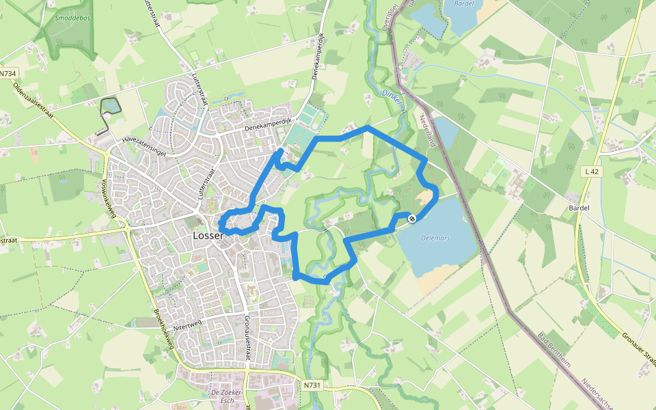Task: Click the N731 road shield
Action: pyautogui.click(x=310, y=385)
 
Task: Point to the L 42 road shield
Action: pyautogui.click(x=591, y=172)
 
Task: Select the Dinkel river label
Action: pyautogui.click(x=389, y=96)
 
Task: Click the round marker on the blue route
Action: pyautogui.click(x=411, y=219)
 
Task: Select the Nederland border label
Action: pyautogui.click(x=427, y=132)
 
